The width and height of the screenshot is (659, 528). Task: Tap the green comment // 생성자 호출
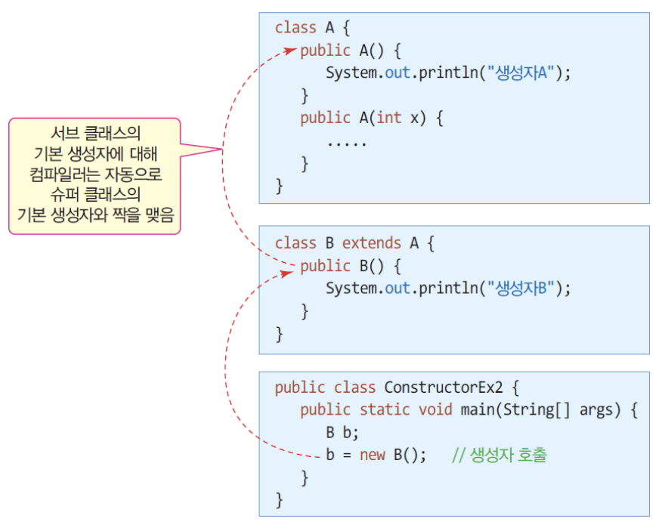(x=499, y=455)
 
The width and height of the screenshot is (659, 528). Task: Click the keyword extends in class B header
(x=372, y=243)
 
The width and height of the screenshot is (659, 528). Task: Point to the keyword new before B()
(x=372, y=455)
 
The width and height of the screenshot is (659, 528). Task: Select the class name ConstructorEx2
(x=444, y=388)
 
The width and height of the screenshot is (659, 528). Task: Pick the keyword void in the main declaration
(x=435, y=410)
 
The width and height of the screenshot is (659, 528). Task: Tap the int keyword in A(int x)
(x=388, y=119)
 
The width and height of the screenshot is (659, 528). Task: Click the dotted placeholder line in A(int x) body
(x=346, y=141)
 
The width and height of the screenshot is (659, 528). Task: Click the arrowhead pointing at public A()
(x=292, y=51)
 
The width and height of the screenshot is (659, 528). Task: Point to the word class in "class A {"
(x=295, y=28)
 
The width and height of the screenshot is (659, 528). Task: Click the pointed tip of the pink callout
(x=221, y=150)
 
